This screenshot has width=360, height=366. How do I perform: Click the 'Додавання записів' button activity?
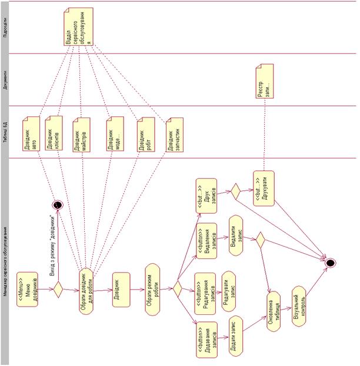click(x=206, y=339)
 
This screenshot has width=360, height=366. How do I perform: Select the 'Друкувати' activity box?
click(x=264, y=188)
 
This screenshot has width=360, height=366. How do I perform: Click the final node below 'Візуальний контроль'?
click(x=331, y=262)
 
